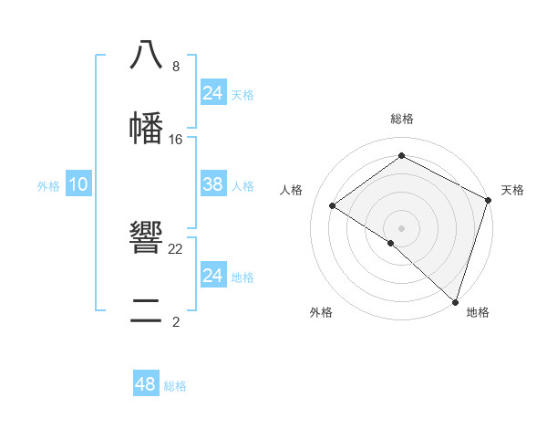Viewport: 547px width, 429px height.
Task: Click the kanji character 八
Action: (x=146, y=55)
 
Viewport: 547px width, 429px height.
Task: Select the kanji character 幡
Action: (x=146, y=128)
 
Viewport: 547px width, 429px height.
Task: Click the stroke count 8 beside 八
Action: (x=175, y=67)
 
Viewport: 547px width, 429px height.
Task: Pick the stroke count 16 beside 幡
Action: (x=175, y=140)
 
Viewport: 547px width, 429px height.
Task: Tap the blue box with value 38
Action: (x=212, y=184)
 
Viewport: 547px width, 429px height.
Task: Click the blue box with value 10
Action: (x=77, y=184)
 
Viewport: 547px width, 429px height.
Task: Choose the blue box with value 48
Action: (x=146, y=384)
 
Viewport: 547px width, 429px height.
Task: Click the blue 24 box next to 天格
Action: (x=212, y=93)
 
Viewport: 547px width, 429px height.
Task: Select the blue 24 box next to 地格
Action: (x=212, y=276)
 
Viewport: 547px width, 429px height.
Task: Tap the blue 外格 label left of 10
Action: (x=48, y=186)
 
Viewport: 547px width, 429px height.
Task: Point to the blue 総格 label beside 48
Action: (x=175, y=386)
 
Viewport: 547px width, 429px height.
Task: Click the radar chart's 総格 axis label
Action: (x=401, y=119)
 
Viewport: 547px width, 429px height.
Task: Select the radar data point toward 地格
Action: (x=455, y=301)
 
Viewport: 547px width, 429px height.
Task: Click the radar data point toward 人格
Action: (x=333, y=206)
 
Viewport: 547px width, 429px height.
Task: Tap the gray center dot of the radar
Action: (x=401, y=227)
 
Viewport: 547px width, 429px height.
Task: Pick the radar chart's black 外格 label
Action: (x=321, y=312)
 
